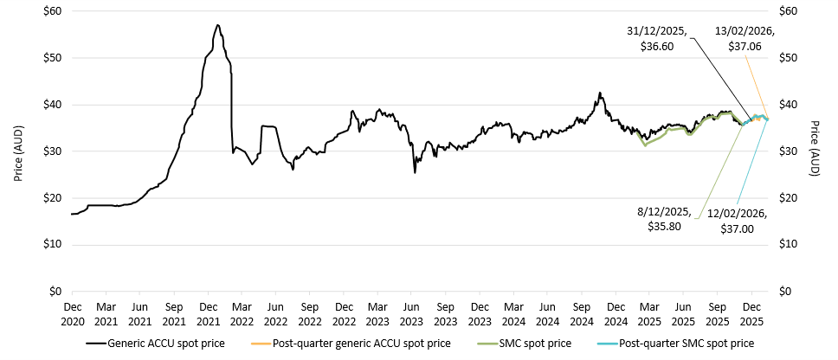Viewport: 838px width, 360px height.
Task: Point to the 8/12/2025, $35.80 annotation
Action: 667,219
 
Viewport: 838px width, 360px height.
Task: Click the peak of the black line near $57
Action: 217,25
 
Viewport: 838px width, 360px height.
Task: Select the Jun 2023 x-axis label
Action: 412,312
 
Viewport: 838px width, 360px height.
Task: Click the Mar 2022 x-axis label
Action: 242,312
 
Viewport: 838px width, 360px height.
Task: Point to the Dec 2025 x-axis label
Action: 751,312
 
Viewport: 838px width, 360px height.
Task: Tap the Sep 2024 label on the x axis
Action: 582,312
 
